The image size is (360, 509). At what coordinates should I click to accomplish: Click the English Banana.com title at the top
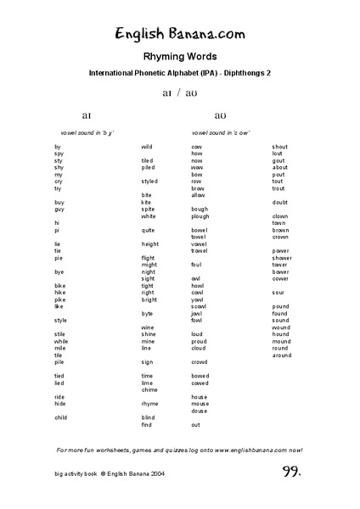coord(180,35)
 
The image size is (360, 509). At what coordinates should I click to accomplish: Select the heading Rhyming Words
coord(180,57)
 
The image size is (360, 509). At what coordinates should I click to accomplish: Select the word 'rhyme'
coord(149,404)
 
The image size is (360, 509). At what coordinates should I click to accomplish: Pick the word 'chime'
coord(149,389)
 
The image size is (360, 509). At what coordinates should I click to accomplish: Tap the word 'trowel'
coord(200,250)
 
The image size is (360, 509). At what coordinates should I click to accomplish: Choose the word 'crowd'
coord(200,361)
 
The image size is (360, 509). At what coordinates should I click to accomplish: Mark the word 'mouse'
coord(200,404)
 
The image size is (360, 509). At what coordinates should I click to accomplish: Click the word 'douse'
coord(200,411)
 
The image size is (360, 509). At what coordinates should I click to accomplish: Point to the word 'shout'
coord(280,147)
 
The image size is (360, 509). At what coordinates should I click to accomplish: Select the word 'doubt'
coord(280,202)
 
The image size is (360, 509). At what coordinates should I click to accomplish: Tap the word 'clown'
coord(280,215)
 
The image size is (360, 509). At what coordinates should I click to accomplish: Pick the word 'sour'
coord(278,292)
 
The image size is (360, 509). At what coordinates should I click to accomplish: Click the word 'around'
coord(282,355)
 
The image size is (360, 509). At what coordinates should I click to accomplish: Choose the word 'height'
coord(149,243)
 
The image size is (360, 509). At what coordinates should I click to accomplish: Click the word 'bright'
coord(149,299)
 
